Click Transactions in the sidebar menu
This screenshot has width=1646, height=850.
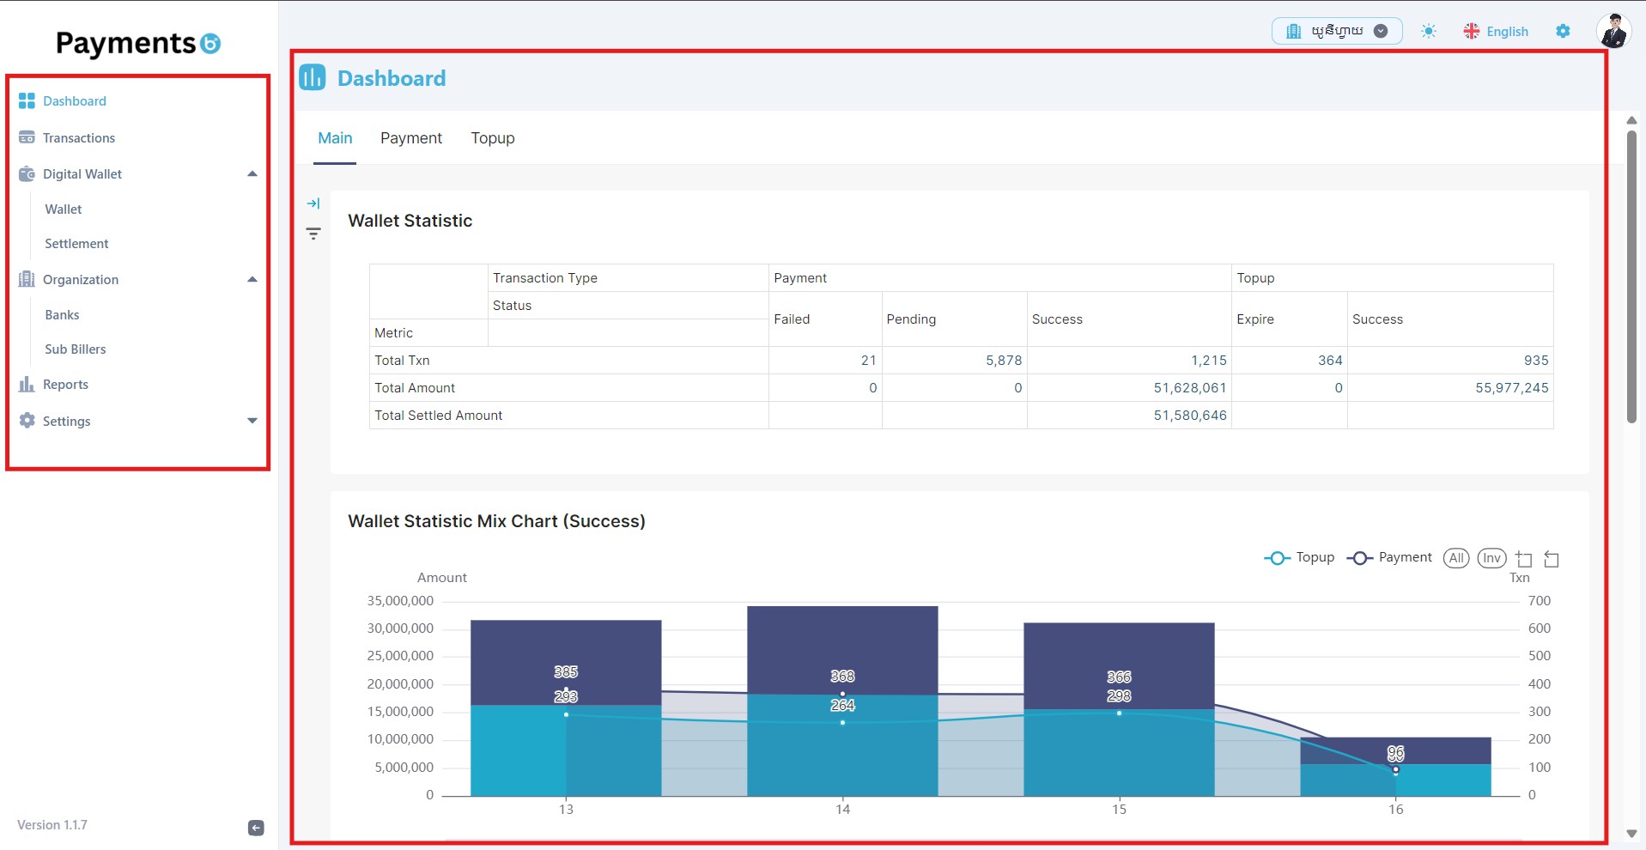point(78,138)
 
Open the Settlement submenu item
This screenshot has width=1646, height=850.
point(76,244)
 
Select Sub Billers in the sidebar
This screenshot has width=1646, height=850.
point(76,349)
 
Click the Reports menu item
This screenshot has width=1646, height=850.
point(65,385)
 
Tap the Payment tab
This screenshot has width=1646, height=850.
point(411,138)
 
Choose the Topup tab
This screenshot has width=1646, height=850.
point(493,138)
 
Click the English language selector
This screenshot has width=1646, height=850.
point(1496,32)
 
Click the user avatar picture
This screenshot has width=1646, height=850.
point(1613,31)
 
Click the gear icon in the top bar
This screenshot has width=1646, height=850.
point(1563,31)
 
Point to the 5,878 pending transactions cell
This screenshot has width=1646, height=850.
point(1004,361)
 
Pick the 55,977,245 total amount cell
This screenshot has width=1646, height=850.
point(1512,388)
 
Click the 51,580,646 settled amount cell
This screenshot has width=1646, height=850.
point(1190,416)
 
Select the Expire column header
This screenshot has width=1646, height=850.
point(1255,319)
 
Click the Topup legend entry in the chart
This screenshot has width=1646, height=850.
point(1299,558)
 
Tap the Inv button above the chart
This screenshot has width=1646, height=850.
point(1492,558)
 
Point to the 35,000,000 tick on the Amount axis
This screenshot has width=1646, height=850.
point(400,601)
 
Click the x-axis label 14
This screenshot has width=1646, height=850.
point(842,809)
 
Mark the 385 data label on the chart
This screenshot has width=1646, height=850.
point(566,671)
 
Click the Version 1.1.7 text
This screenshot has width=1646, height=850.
point(52,825)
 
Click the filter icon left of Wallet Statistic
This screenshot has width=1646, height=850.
point(313,234)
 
